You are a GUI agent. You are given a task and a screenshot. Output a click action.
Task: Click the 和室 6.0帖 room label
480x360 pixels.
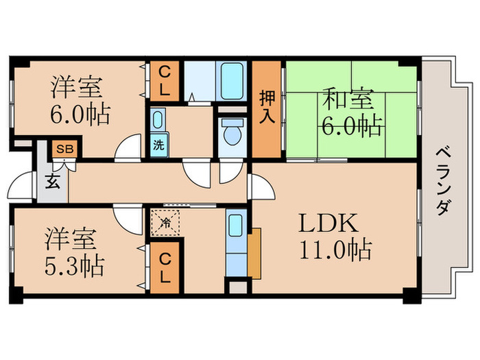point(350,113)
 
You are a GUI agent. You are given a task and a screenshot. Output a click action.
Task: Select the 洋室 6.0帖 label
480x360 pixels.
point(79,101)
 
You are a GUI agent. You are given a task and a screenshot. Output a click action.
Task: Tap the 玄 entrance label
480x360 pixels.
point(52,182)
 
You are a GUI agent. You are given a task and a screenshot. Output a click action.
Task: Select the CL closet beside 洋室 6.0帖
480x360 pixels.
point(166,80)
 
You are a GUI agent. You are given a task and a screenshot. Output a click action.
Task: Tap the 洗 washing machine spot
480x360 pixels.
point(158,145)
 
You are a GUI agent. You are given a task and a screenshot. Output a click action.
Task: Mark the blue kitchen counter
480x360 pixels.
point(235,241)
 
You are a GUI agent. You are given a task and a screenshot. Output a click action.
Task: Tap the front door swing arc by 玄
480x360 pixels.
point(21,187)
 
